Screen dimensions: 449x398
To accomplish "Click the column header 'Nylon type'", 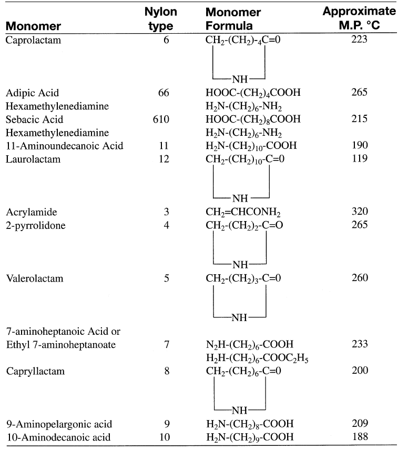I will pyautogui.click(x=160, y=19).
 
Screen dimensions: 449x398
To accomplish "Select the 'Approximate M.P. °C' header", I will pyautogui.click(x=359, y=19).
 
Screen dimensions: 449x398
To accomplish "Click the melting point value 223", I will pyautogui.click(x=360, y=40).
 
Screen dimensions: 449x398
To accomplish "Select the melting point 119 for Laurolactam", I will pyautogui.click(x=360, y=159).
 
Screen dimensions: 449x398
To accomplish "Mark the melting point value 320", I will pyautogui.click(x=360, y=212).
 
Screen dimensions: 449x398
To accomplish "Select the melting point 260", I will pyautogui.click(x=360, y=278).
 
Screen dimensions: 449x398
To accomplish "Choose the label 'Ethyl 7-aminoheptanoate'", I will pyautogui.click(x=61, y=345).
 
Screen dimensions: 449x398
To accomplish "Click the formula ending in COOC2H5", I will pyautogui.click(x=257, y=359).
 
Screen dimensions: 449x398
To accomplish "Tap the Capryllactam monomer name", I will pyautogui.click(x=35, y=371).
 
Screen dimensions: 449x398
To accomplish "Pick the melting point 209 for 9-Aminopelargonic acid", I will pyautogui.click(x=360, y=424).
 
